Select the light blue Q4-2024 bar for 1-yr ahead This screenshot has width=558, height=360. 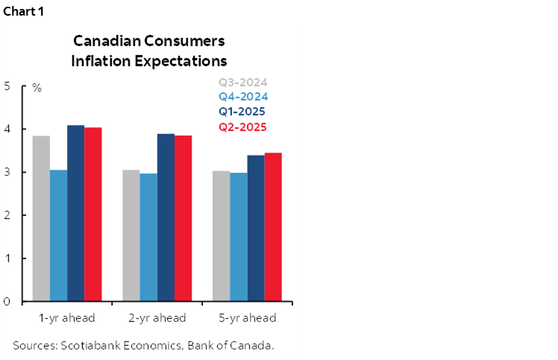[x=58, y=236]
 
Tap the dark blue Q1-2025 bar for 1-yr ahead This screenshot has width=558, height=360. [x=75, y=213]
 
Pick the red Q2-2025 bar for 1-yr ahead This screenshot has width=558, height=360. [x=93, y=215]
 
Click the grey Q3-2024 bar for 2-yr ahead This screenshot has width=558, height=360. [x=131, y=236]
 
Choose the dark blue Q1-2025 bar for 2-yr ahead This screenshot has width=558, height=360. [x=165, y=218]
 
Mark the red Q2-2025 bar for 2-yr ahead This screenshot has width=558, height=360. [x=183, y=218]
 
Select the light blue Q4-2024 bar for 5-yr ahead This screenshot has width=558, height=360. [x=239, y=237]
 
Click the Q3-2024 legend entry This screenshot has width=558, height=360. [x=242, y=83]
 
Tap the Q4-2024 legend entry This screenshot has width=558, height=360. [x=242, y=97]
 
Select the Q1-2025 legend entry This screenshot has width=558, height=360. [x=242, y=112]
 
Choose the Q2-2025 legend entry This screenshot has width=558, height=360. [x=242, y=127]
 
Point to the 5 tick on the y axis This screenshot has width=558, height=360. [x=7, y=86]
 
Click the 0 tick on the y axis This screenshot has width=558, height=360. [x=7, y=302]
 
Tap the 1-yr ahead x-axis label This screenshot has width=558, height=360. [x=67, y=318]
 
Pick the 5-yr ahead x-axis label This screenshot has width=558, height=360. [x=248, y=318]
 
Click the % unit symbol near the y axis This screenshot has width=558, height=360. [x=37, y=88]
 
